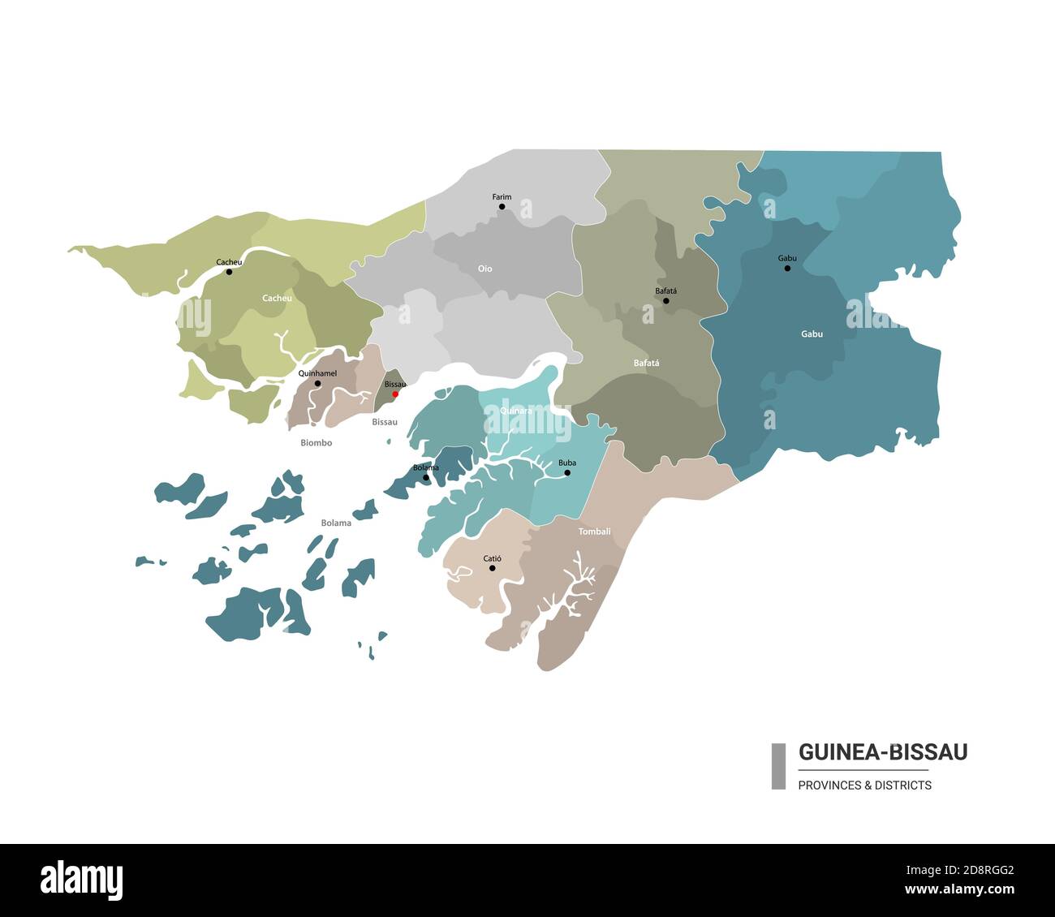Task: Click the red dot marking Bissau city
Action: point(395,394)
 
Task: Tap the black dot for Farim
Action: point(502,207)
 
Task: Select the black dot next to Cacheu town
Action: point(229,272)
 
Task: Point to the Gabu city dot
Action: point(787,268)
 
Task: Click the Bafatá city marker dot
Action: point(666,301)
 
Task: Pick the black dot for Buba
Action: point(567,472)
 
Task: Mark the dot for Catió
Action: point(492,568)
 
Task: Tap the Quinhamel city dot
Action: point(317,383)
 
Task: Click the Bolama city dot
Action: point(426,477)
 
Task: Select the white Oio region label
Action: point(484,269)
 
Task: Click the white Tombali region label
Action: point(594,532)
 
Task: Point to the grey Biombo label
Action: point(316,443)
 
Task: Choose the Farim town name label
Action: point(502,196)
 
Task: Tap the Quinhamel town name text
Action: point(317,373)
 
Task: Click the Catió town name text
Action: point(492,558)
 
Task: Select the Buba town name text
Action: point(567,463)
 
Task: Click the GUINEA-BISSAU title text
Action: point(883,752)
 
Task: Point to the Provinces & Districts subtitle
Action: point(864,785)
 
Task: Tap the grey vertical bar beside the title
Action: point(778,766)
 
